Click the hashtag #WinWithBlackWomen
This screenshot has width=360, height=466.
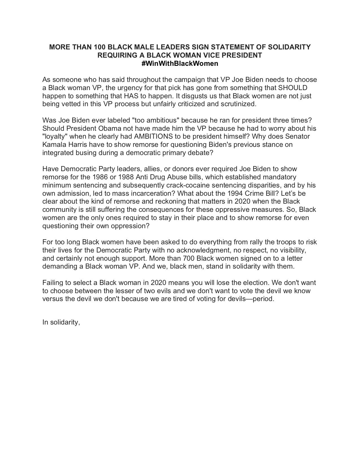pyautogui.click(x=180, y=64)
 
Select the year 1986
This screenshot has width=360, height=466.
pyautogui.click(x=101, y=177)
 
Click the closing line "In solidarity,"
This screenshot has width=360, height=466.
pyautogui.click(x=61, y=322)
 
